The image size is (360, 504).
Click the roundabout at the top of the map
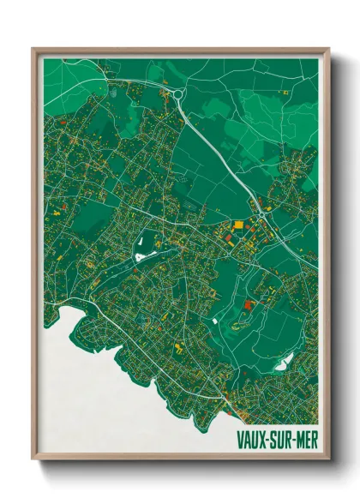tap(176, 93)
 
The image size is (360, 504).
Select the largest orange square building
tap(237, 225)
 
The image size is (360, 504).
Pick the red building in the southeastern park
tap(249, 304)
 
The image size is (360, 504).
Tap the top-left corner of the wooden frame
tap(33, 50)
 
